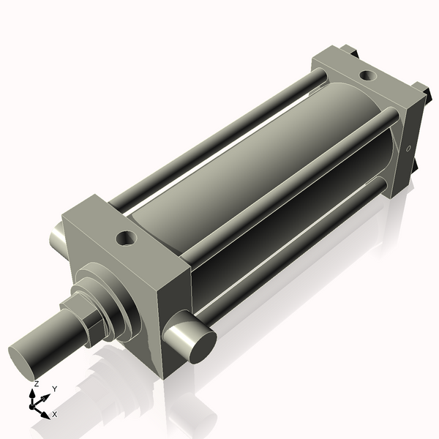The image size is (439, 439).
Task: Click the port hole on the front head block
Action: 126,238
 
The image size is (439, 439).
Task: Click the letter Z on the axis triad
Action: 37,383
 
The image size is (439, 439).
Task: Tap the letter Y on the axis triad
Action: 55,389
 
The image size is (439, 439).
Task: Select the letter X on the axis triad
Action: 55,414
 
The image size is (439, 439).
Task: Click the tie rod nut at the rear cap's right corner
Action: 422,91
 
